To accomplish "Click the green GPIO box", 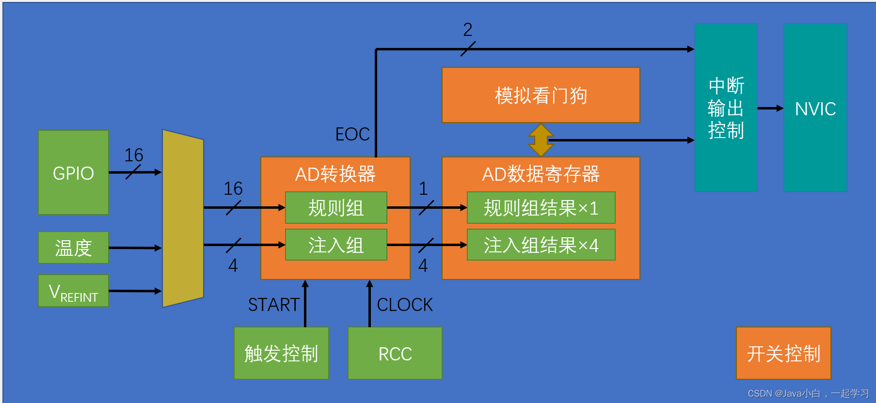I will click(73, 172).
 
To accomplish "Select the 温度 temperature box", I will click(73, 248).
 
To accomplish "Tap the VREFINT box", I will click(73, 291).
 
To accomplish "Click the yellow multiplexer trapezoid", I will click(183, 218).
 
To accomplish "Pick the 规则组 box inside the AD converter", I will click(336, 208).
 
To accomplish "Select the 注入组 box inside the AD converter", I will click(336, 245).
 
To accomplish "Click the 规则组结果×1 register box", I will click(541, 208).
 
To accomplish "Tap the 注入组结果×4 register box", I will click(541, 245).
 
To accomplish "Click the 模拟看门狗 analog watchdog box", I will click(541, 95).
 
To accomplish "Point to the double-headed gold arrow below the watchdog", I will click(541, 140).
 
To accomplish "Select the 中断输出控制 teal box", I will click(726, 108).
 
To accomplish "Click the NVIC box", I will click(815, 108).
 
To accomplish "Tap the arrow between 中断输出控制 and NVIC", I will click(770, 108).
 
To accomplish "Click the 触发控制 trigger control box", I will click(281, 353).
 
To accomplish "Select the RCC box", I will click(395, 353).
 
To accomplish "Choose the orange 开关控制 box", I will click(783, 353).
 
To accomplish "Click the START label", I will click(273, 305).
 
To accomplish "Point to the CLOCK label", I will click(404, 305).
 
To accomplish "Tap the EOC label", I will click(352, 134).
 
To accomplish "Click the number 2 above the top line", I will click(467, 30).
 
